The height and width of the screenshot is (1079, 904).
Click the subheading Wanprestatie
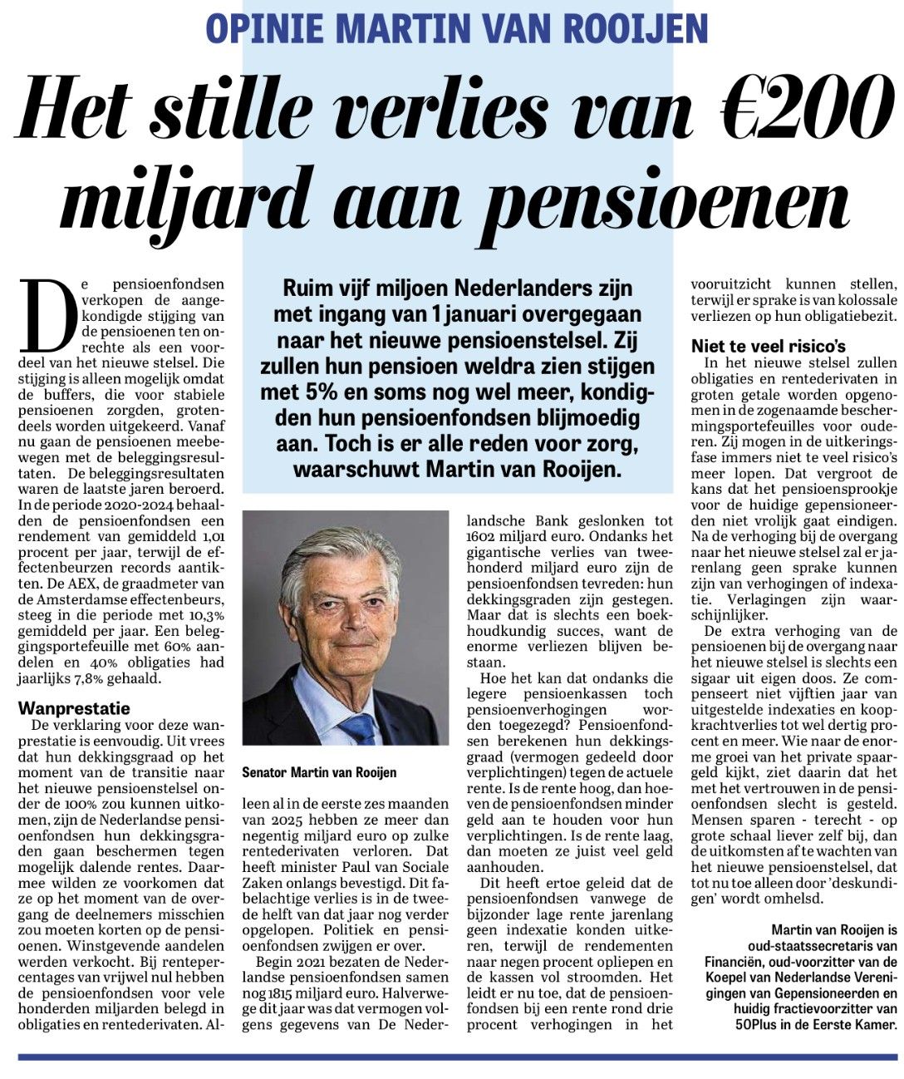(x=75, y=708)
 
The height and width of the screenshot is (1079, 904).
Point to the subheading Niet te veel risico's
(x=769, y=347)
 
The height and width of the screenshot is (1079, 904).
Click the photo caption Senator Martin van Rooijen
(x=319, y=772)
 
